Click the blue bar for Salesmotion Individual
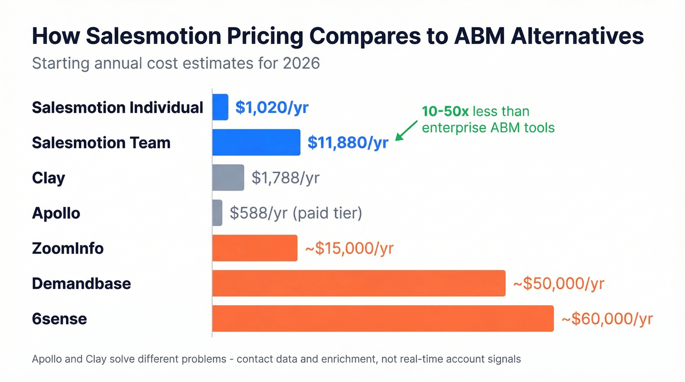[x=220, y=107]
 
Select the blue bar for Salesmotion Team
[x=256, y=142]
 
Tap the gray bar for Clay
[x=228, y=178]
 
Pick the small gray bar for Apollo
[x=217, y=213]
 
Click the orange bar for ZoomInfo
[x=254, y=248]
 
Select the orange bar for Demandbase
[x=359, y=283]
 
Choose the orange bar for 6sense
[x=383, y=318]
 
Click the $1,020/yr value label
[x=272, y=108]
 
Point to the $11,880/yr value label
[x=348, y=143]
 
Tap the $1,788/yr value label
[x=285, y=178]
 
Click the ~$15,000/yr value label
[x=349, y=248]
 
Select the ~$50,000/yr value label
[x=558, y=284]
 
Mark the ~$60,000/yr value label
[x=607, y=319]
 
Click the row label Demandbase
[x=81, y=284]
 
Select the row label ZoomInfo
[x=68, y=248]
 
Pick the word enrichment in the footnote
[x=343, y=360]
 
